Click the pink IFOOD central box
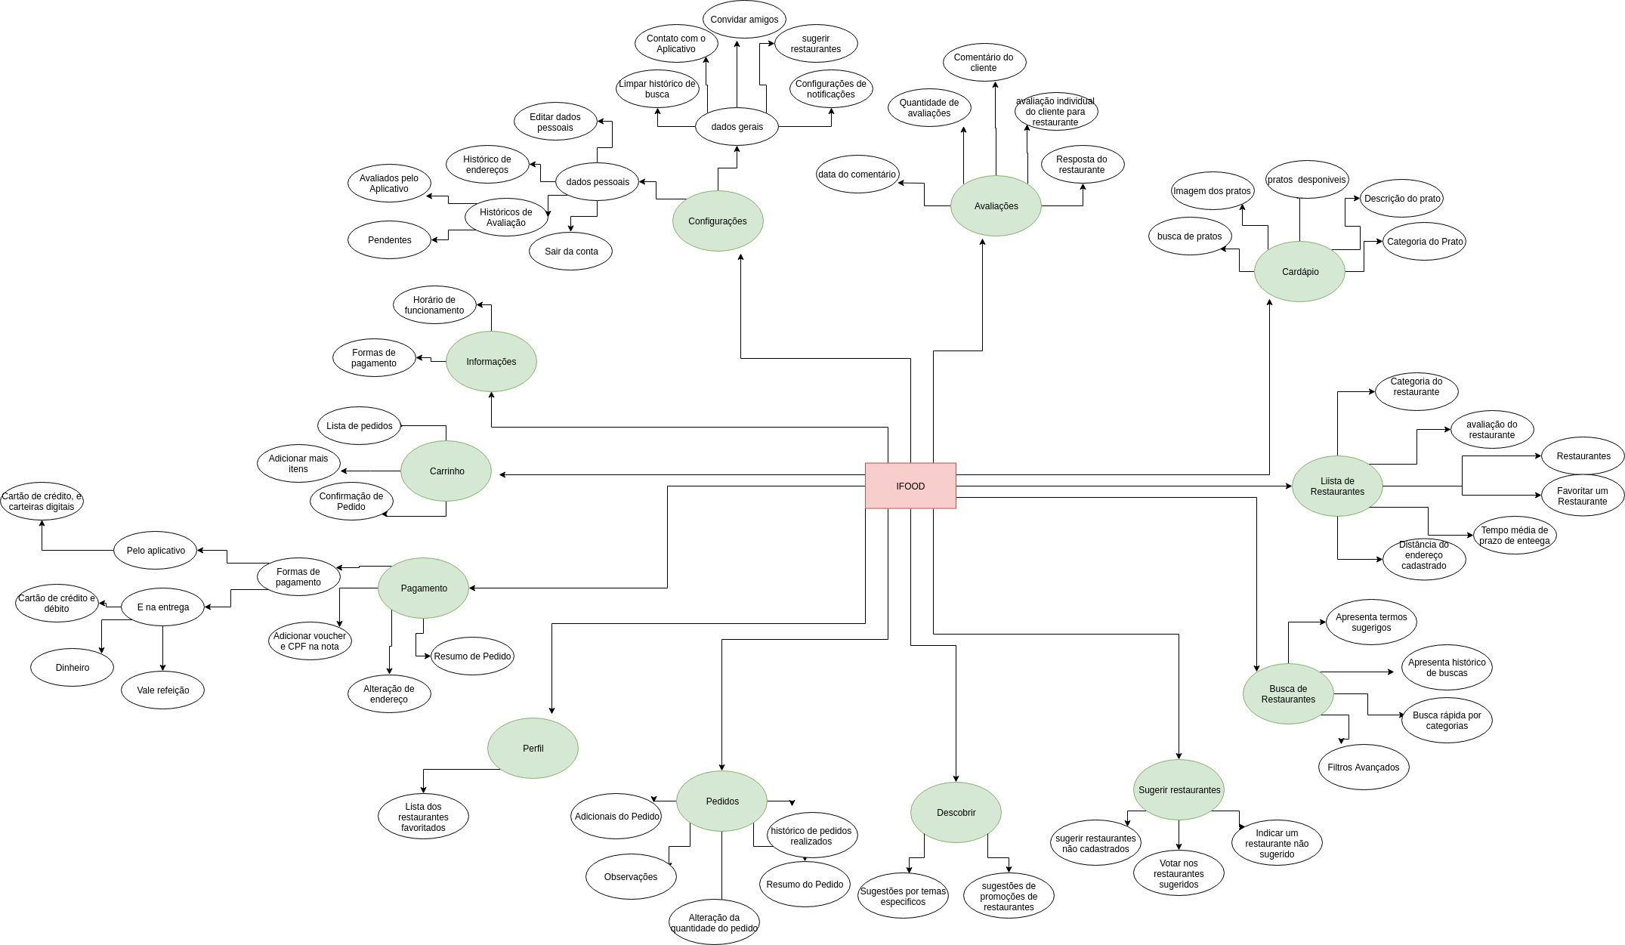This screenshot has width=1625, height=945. point(910,486)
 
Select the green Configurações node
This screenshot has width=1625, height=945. point(718,221)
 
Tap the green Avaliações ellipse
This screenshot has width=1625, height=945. point(996,205)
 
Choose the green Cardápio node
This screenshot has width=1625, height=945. point(1299,271)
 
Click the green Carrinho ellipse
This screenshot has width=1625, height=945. point(446,471)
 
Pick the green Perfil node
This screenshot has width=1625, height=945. point(533,748)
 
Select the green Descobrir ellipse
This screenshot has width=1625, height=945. point(956,812)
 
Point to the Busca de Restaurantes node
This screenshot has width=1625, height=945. point(1288,693)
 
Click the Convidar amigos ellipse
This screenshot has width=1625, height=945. point(744,20)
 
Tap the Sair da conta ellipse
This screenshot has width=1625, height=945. point(570,251)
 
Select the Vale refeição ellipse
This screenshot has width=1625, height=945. point(162,690)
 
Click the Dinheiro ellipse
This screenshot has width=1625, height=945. point(72,667)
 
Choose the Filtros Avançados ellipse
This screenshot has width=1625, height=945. point(1364,767)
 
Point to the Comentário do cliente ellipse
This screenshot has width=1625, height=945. point(984,62)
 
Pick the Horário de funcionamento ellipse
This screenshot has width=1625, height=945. point(434,304)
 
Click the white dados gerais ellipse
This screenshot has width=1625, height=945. point(737,126)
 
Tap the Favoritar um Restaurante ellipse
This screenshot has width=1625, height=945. point(1583,496)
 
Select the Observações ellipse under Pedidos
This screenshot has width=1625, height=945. point(631,876)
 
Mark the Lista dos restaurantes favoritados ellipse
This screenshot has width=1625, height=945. point(423,817)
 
